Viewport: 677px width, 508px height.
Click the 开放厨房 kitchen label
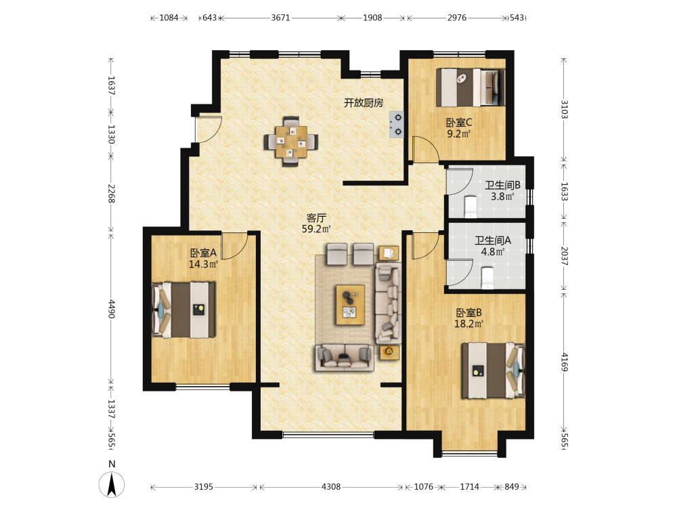364,103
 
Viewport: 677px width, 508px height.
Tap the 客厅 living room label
316,218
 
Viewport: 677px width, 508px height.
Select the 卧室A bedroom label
203,253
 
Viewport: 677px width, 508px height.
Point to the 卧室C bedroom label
459,123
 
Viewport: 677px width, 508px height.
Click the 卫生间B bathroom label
502,186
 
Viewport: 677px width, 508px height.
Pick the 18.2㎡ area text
468,324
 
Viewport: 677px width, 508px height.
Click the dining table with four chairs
291,142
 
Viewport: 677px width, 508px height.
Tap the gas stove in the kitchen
397,125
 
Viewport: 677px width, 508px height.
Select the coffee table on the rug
350,305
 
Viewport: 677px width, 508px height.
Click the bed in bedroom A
183,310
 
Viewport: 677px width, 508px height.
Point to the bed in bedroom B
494,371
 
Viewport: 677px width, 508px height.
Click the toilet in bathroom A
487,277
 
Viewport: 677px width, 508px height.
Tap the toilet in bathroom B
471,207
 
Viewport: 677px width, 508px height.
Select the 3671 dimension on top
281,18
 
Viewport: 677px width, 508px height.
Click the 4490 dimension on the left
112,309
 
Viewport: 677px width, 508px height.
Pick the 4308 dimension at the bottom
331,487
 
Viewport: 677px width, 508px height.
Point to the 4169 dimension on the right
565,362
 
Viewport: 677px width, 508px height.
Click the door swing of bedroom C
425,149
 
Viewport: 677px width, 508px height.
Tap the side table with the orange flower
389,352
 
